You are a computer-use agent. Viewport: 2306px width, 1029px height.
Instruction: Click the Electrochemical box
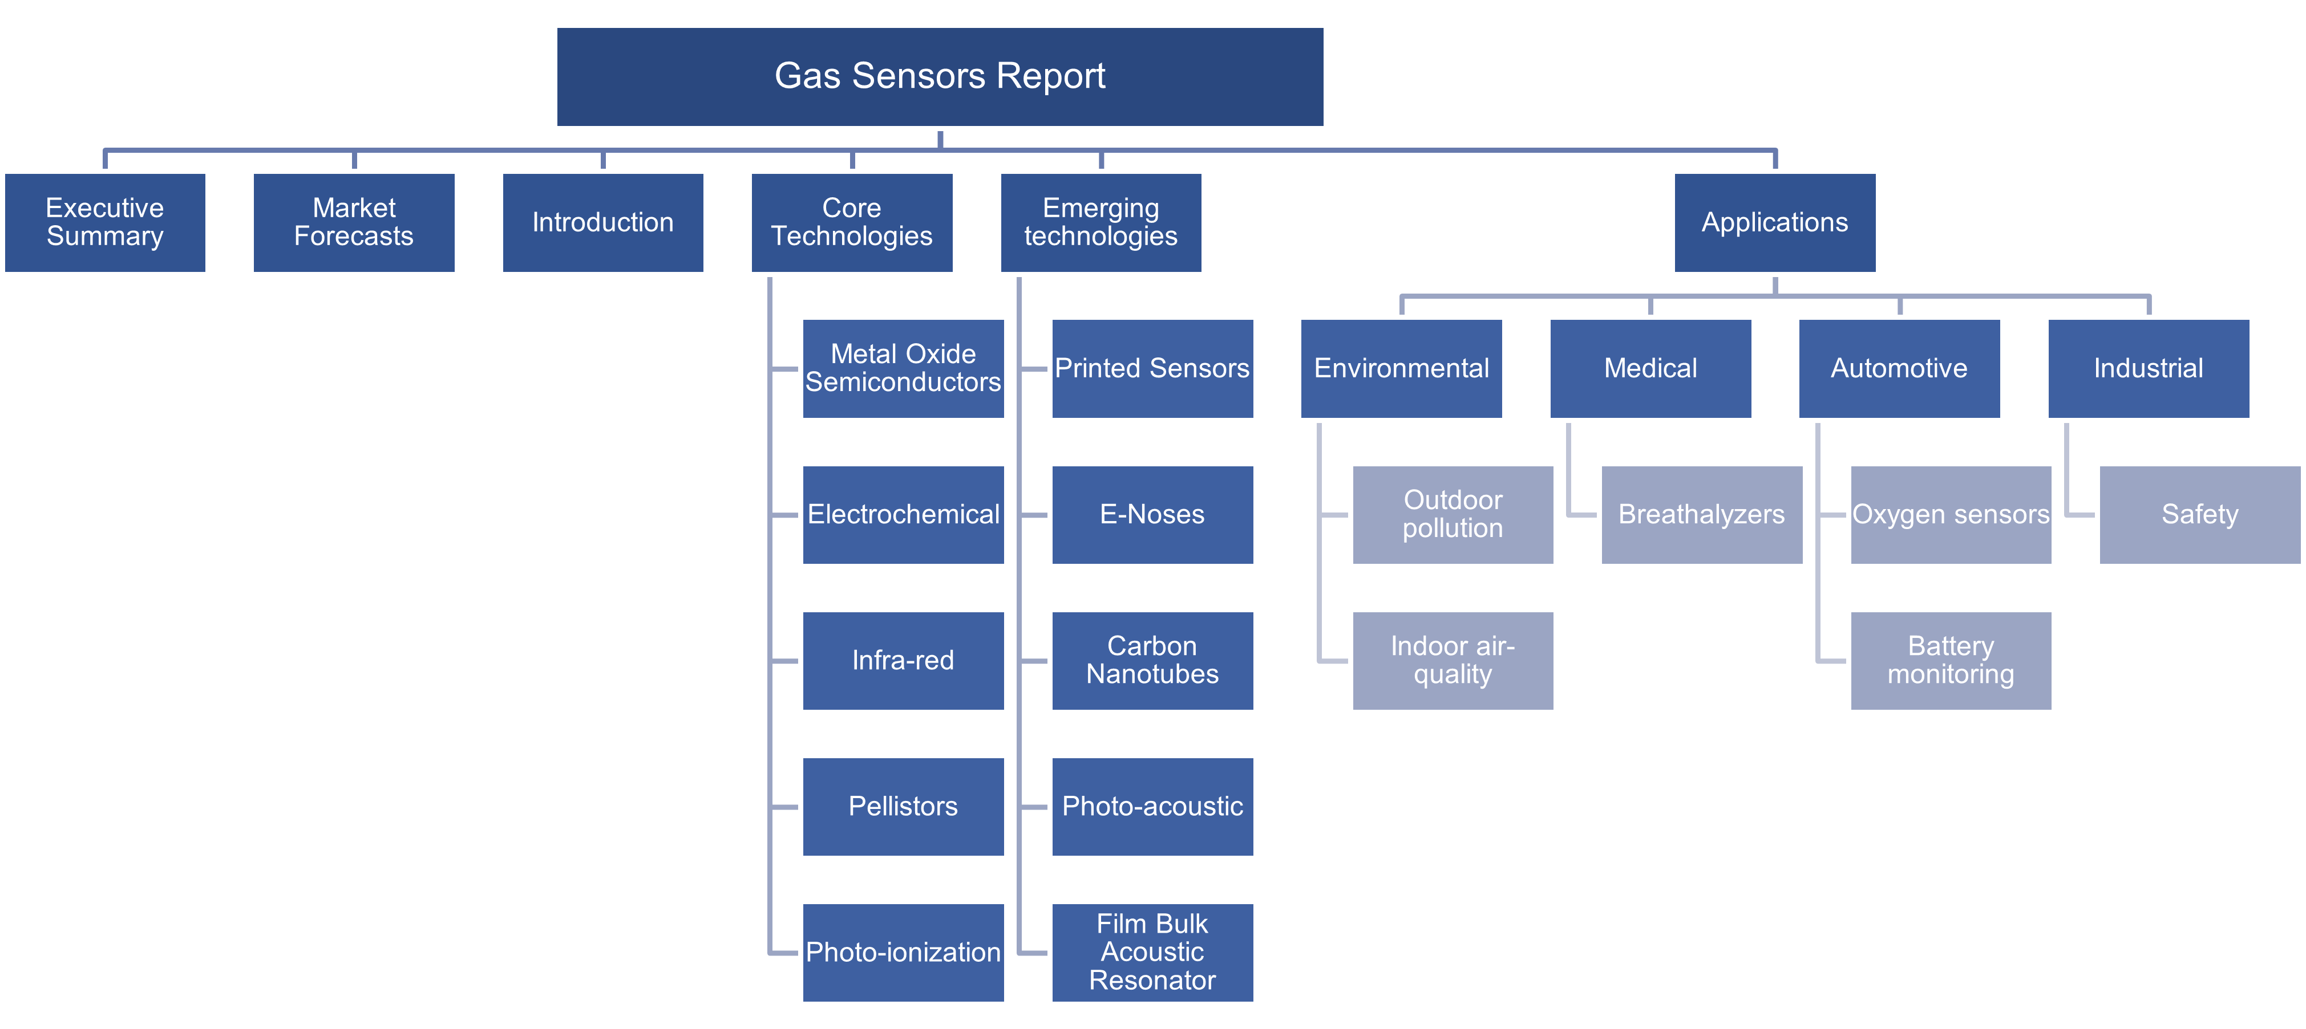pos(903,514)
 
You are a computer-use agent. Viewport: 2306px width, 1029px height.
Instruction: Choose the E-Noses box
pos(1152,514)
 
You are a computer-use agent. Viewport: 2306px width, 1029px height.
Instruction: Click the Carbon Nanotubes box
pos(1152,660)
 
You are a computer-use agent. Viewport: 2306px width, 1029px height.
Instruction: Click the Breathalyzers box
pos(1702,514)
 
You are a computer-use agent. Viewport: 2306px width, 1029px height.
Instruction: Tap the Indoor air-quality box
pos(1453,660)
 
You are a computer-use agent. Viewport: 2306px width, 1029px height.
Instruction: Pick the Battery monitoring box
pos(1951,660)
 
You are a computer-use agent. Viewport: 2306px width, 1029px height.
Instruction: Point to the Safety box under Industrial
pos(2199,514)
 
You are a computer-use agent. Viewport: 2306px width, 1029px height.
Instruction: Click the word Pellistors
pos(903,806)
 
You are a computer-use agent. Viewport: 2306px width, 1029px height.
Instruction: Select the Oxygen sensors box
pos(1951,514)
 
